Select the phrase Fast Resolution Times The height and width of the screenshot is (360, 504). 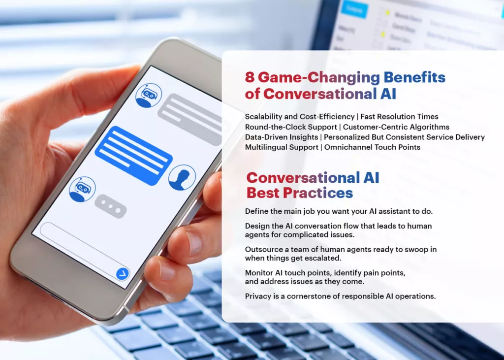coord(399,117)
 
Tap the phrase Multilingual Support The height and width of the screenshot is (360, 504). coord(282,147)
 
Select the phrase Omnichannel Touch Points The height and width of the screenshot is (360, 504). coord(372,147)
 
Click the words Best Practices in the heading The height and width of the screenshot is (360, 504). coord(300,193)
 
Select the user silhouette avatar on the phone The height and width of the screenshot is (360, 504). coord(182,178)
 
